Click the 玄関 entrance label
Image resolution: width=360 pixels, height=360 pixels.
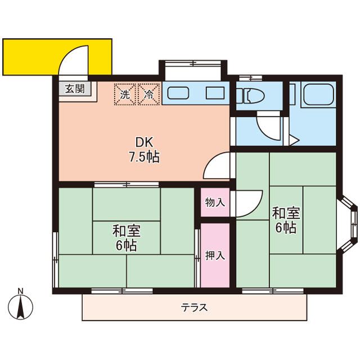(x=74, y=89)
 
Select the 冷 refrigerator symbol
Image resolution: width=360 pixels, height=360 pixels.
(x=149, y=93)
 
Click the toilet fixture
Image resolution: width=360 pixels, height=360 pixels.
(x=248, y=97)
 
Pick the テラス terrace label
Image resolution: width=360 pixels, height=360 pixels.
(x=194, y=308)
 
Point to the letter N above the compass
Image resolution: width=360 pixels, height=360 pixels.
(x=21, y=291)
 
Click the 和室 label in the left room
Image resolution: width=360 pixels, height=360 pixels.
(x=126, y=231)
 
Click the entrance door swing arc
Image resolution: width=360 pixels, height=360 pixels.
(x=75, y=59)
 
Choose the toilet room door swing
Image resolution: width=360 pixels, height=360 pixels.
(x=267, y=125)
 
